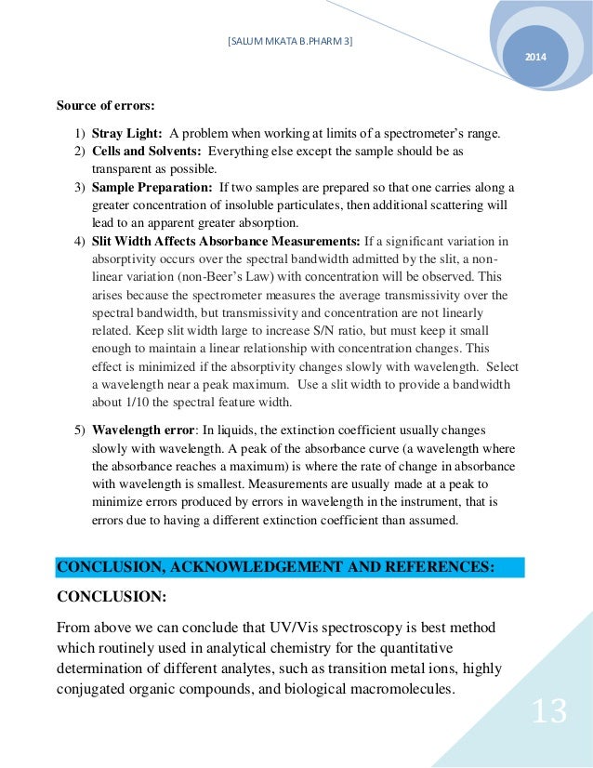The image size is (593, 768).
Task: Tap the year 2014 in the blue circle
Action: point(536,59)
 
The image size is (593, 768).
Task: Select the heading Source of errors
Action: point(105,105)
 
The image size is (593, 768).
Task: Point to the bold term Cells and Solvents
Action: point(146,151)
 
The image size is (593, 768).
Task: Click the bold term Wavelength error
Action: point(138,430)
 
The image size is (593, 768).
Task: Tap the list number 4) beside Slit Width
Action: point(80,242)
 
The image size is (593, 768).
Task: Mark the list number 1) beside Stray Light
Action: point(80,134)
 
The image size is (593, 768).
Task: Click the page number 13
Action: point(548,711)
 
